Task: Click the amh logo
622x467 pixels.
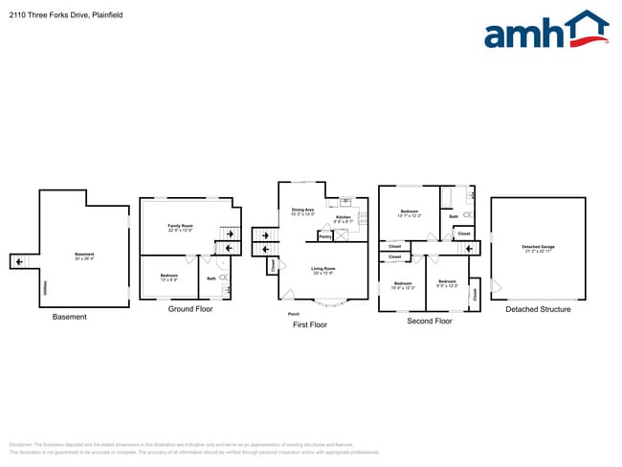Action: (546, 31)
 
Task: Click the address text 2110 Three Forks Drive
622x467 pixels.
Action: (48, 15)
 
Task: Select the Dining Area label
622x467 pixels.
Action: (303, 211)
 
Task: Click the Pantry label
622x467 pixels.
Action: (325, 235)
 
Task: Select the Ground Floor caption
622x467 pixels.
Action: (190, 309)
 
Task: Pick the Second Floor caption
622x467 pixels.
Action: (430, 322)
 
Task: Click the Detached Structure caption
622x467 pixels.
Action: (538, 309)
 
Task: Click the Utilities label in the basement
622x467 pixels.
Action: (44, 287)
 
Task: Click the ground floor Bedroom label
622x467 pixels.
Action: (168, 278)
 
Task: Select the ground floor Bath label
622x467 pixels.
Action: (211, 278)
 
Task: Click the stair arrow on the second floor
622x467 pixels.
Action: (469, 249)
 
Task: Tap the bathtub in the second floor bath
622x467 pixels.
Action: (446, 198)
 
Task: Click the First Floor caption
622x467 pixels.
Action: (310, 325)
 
